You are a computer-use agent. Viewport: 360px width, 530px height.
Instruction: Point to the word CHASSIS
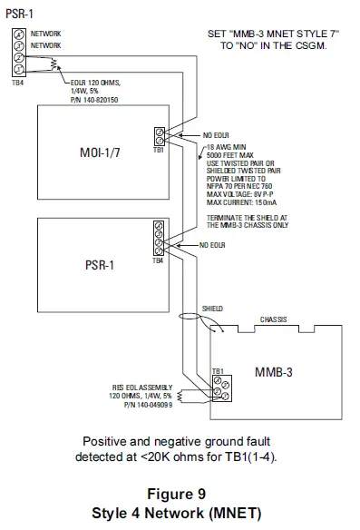[275, 319]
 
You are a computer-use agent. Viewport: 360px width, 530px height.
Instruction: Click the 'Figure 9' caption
[180, 495]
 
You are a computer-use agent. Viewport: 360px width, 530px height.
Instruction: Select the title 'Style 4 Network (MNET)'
[180, 512]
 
